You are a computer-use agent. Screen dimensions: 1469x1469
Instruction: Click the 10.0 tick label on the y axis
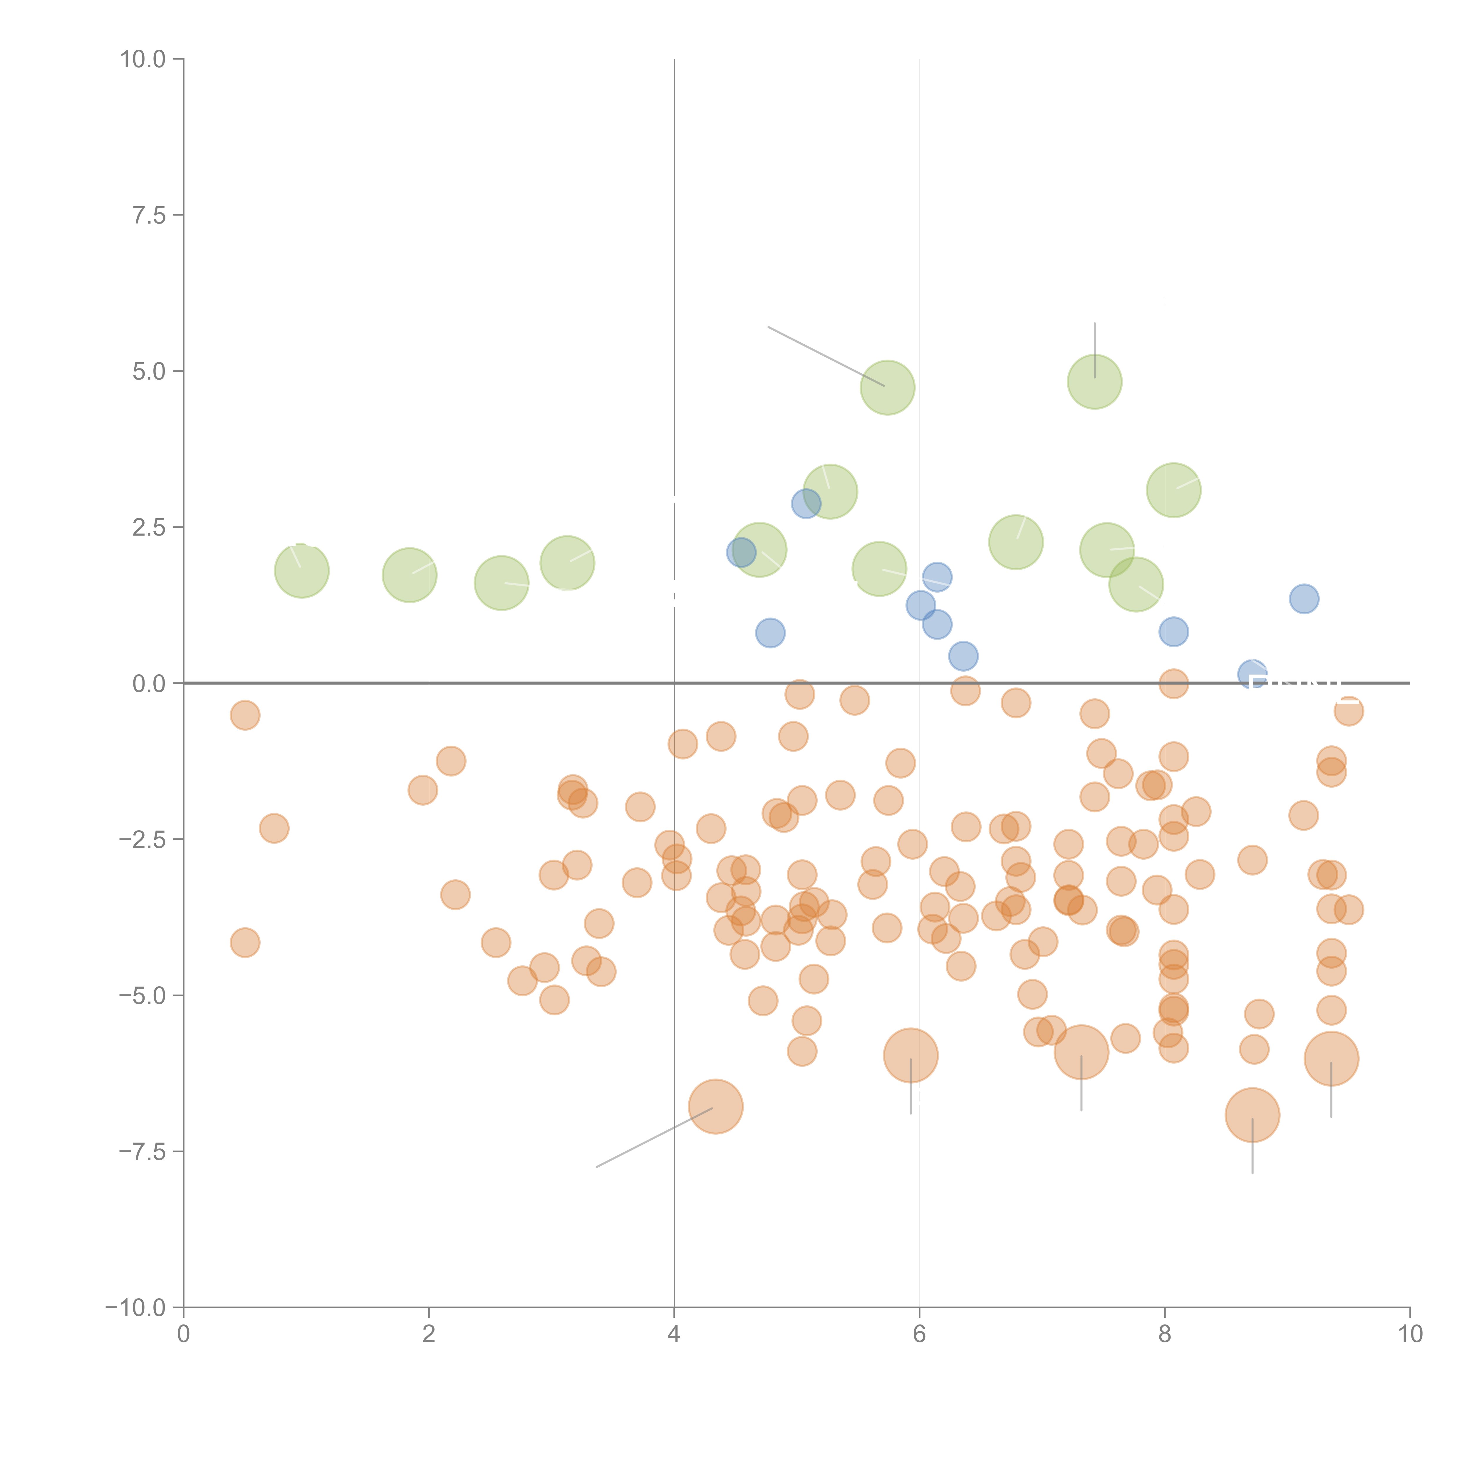click(x=143, y=59)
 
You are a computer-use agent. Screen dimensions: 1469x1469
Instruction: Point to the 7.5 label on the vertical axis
click(x=149, y=215)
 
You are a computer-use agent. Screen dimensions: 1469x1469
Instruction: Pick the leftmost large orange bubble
click(x=715, y=1106)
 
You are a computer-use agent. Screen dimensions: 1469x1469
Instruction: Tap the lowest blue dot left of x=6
click(x=770, y=633)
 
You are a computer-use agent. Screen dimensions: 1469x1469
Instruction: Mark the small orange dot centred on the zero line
click(x=1173, y=684)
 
